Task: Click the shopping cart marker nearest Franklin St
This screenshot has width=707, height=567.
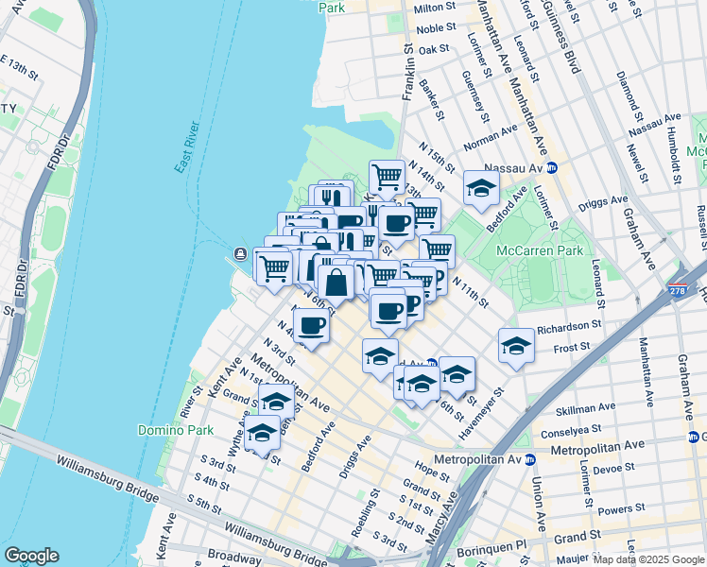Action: (x=387, y=175)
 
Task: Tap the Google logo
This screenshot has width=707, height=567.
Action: (x=31, y=556)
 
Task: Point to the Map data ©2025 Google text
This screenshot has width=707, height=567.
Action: (x=648, y=559)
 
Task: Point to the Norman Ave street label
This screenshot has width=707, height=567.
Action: (x=490, y=138)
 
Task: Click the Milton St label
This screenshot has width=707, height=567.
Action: (x=436, y=9)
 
